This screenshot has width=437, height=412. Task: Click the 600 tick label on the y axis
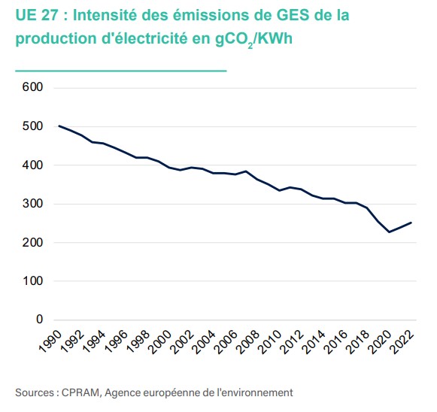point(34,87)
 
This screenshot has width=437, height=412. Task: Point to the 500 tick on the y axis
point(34,126)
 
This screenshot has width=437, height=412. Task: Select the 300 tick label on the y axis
point(34,204)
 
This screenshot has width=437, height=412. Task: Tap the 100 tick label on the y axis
point(34,281)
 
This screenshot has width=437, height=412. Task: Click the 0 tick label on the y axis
point(40,320)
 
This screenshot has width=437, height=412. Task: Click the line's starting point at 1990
point(59,126)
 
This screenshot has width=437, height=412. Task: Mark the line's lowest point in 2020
point(389,232)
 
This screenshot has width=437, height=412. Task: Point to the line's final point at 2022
point(411,223)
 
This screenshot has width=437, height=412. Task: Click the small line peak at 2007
point(246,171)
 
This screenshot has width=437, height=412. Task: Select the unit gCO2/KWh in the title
point(255,39)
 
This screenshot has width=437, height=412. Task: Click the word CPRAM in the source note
point(79,392)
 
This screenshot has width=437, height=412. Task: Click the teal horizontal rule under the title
point(120,71)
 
